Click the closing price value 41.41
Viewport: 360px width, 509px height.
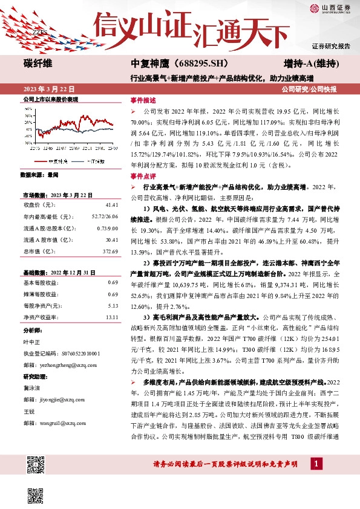coord(110,206)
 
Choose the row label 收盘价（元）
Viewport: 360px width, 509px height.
coord(42,206)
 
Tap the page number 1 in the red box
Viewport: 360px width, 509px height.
coord(315,463)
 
